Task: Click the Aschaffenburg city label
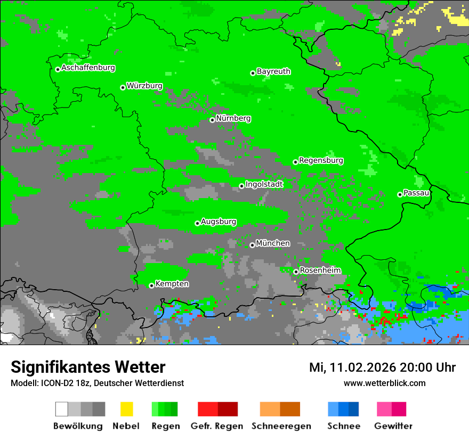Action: pos(88,68)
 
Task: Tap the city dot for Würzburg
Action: pos(123,87)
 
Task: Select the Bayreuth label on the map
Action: pos(273,71)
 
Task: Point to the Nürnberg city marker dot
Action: pos(212,120)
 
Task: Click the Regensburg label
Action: pos(321,160)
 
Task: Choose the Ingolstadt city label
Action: pos(264,184)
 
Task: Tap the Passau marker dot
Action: pos(400,194)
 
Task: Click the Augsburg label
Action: pos(219,222)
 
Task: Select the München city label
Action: pos(273,243)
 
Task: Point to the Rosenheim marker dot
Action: pos(296,272)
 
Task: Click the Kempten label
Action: pos(172,284)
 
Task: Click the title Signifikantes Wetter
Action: pos(88,367)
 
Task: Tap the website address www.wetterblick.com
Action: pos(384,383)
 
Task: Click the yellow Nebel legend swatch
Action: pos(126,409)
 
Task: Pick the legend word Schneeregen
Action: pos(281,426)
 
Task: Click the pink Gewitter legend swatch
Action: pos(384,409)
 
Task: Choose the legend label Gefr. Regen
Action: pos(216,426)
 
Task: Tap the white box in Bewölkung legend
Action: pos(62,409)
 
